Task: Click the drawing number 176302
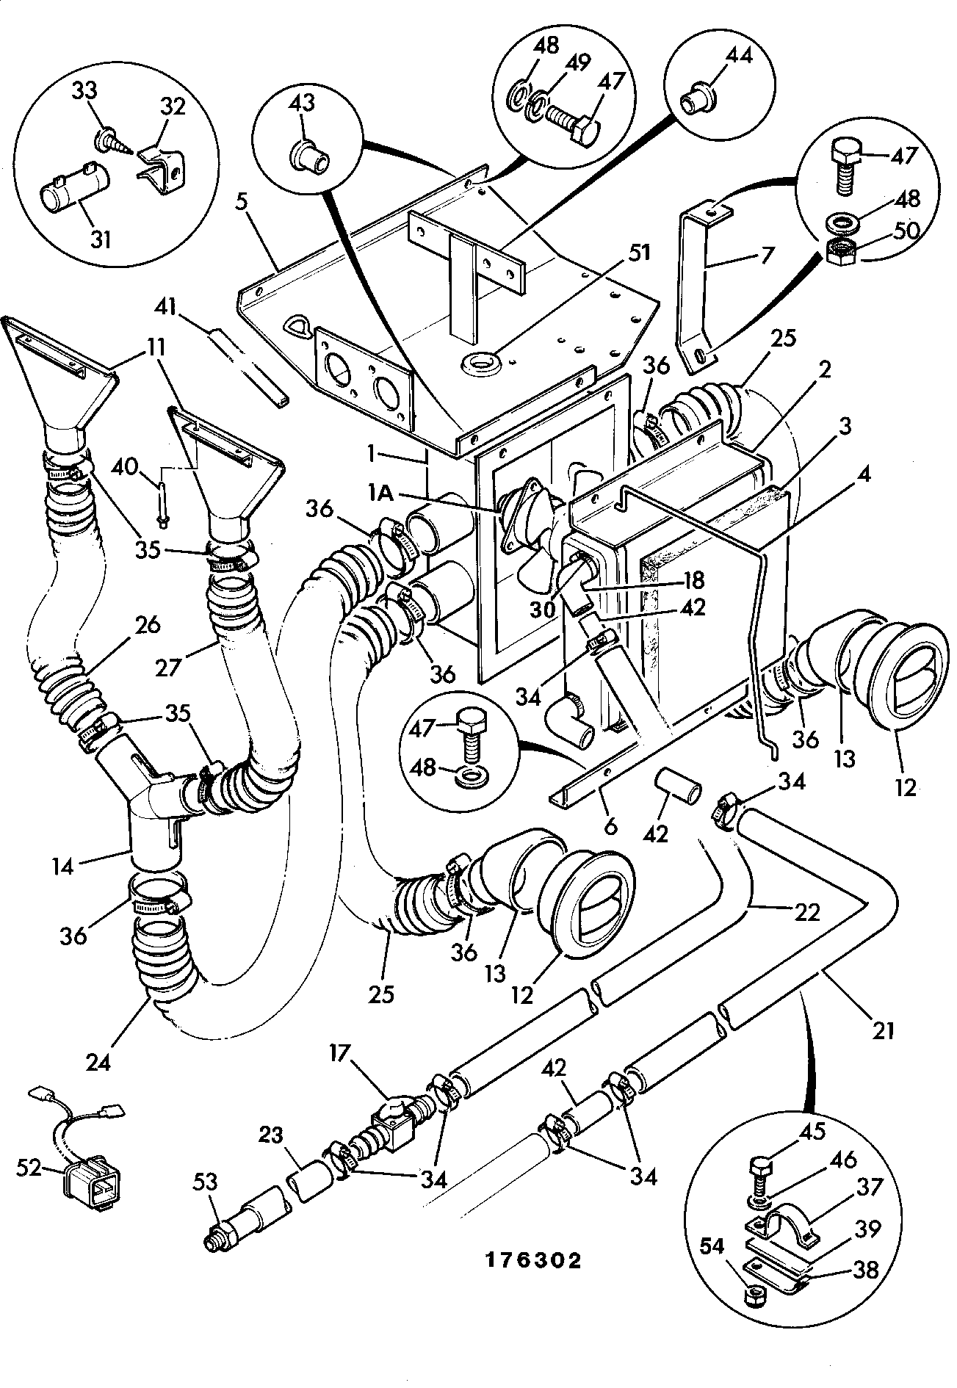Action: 533,1260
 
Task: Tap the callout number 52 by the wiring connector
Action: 30,1167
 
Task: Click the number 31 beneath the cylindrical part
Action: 101,239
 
